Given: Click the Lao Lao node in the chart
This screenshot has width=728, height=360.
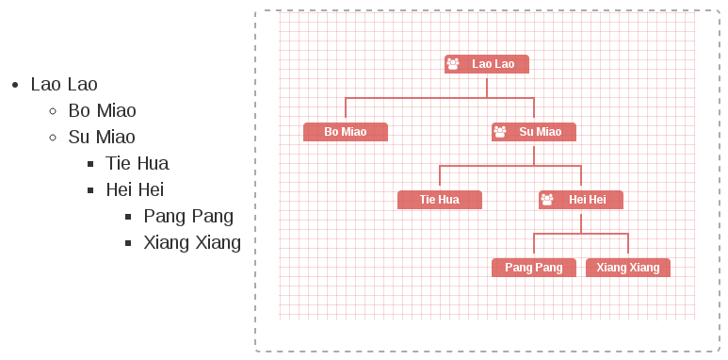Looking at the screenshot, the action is pyautogui.click(x=487, y=64).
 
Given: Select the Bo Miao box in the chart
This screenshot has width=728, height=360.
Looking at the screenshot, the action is pyautogui.click(x=346, y=132).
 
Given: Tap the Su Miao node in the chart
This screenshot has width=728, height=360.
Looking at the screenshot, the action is pyautogui.click(x=534, y=132).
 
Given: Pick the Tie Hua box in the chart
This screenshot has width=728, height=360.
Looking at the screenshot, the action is pyautogui.click(x=440, y=200).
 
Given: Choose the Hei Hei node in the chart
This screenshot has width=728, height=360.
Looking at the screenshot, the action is pyautogui.click(x=581, y=200).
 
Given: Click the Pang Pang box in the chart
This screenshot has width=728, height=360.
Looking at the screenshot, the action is pyautogui.click(x=534, y=268).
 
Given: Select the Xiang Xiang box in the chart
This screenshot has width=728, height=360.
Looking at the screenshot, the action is pyautogui.click(x=628, y=268).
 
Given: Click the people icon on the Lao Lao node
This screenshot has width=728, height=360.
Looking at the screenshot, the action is pyautogui.click(x=453, y=64).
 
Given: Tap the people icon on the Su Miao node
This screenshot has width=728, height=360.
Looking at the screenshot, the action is pyautogui.click(x=500, y=131).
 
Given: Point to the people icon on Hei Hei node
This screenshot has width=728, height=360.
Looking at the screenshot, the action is pyautogui.click(x=547, y=199).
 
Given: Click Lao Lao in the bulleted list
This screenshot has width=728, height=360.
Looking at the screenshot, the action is pyautogui.click(x=64, y=85).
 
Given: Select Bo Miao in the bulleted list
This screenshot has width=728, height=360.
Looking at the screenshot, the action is pyautogui.click(x=102, y=111).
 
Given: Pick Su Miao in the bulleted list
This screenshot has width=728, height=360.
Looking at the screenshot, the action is pyautogui.click(x=102, y=137).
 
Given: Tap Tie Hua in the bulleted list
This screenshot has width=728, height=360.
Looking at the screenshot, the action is pyautogui.click(x=138, y=164).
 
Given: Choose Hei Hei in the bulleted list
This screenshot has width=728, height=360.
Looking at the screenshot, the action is pyautogui.click(x=135, y=189).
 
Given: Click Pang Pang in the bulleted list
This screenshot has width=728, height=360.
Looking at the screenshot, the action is pyautogui.click(x=188, y=217).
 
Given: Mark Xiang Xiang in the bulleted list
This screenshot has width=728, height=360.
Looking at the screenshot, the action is pyautogui.click(x=192, y=243).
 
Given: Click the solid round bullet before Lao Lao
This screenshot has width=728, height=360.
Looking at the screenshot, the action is pyautogui.click(x=15, y=85).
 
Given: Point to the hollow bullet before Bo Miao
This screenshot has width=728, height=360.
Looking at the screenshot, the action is pyautogui.click(x=53, y=111).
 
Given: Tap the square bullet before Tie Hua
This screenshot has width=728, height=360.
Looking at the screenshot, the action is pyautogui.click(x=90, y=164).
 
